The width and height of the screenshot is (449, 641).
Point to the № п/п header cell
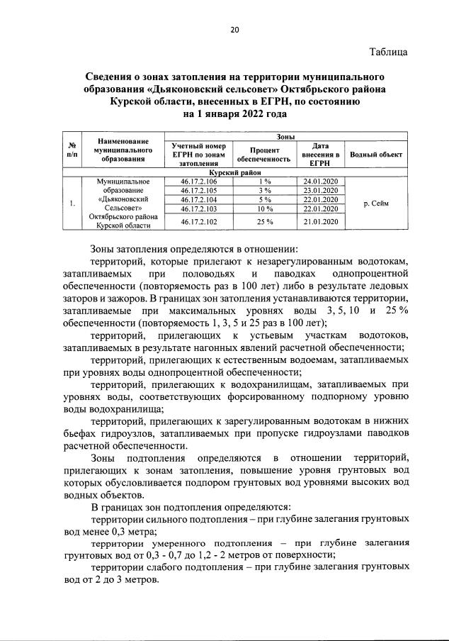point(72,150)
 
